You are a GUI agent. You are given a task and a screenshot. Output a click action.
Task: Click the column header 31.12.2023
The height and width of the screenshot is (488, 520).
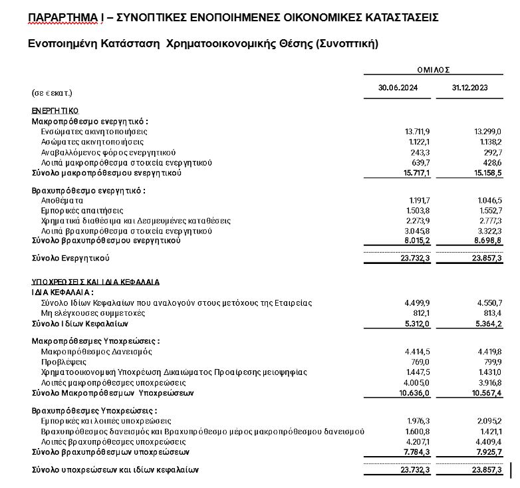tap(470, 88)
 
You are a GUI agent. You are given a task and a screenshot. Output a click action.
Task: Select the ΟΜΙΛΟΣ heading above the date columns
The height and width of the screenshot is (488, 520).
tap(434, 68)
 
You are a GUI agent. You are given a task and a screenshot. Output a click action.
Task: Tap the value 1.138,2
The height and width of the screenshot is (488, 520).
tap(489, 142)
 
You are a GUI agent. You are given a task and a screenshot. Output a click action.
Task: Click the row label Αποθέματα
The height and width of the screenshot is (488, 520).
tap(62, 200)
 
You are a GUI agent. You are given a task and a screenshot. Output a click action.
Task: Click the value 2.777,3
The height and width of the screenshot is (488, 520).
tap(489, 221)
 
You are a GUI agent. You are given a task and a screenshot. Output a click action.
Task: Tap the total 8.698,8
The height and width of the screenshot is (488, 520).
tap(488, 241)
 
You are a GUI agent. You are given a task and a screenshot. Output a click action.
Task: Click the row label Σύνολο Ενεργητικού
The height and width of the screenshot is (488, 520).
tap(70, 257)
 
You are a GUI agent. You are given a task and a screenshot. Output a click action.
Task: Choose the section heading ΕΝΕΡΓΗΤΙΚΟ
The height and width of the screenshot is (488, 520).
tap(55, 110)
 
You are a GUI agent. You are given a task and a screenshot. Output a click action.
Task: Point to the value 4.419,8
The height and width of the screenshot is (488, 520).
tap(489, 351)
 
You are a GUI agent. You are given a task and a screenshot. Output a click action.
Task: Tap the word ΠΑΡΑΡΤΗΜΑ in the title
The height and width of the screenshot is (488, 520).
tap(62, 17)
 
